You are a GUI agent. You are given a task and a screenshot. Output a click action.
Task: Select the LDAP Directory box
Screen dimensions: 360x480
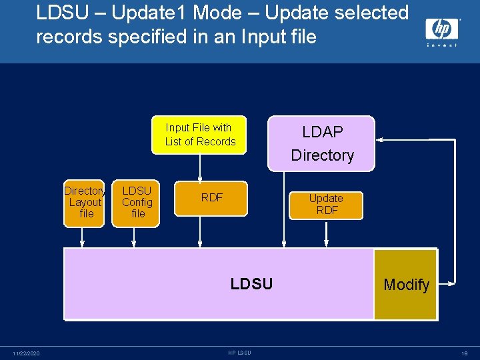coord(321,143)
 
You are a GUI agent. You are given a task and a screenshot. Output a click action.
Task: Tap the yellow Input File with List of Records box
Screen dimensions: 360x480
coord(200,135)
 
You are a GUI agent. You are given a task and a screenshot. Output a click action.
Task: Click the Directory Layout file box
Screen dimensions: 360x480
coord(85,202)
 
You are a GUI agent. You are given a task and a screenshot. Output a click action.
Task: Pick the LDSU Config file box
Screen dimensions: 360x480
coord(137,202)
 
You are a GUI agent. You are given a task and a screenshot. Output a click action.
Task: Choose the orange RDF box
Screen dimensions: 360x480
coord(211,197)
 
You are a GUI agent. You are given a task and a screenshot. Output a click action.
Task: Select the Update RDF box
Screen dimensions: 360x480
coord(326,205)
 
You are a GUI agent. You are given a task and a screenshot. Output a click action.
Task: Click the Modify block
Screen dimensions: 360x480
coord(406,285)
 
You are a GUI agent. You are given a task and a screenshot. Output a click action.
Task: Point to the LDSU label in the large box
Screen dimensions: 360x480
coord(251,284)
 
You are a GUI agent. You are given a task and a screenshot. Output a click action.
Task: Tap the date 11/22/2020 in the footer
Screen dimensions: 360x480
coord(25,353)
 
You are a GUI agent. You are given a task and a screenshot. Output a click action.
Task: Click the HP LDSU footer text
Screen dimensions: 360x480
coord(239,353)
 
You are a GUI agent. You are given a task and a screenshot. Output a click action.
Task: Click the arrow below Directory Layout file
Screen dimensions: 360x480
coord(81,237)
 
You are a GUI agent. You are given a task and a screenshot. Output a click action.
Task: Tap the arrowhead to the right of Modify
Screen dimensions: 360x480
coord(450,284)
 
